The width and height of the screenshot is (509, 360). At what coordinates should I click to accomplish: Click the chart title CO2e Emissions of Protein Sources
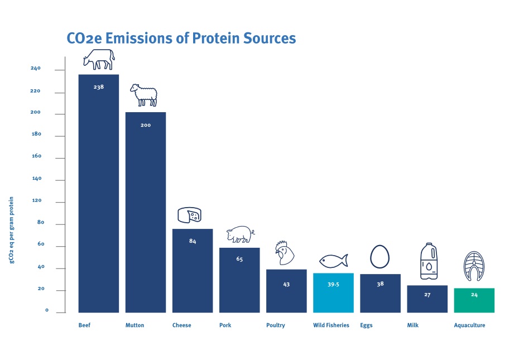coord(181,39)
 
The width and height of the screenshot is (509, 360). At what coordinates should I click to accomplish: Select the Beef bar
coord(98,195)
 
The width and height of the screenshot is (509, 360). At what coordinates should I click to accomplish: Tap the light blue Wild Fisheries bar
coord(333,293)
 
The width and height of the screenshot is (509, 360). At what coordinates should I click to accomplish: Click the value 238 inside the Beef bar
coord(99,87)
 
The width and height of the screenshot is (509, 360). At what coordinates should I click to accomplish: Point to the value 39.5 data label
coord(334,284)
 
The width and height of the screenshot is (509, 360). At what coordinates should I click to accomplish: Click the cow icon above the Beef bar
coord(99,59)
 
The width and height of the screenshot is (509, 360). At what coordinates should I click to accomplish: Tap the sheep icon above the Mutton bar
coord(144,95)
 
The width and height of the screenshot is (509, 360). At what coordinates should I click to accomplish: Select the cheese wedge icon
coord(190,215)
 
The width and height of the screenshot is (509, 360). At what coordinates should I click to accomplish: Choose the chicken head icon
coord(285,254)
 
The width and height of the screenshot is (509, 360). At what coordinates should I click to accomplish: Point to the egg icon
coord(380,257)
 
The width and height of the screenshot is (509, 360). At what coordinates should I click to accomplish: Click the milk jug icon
coord(428,261)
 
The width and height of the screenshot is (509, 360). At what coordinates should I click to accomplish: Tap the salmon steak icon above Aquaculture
coord(474,266)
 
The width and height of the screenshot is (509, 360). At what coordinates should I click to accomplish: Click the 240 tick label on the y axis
coord(36,69)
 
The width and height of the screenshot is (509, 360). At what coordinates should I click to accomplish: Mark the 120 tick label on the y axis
coord(36,201)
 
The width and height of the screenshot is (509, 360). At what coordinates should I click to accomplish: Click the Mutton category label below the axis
coord(135,325)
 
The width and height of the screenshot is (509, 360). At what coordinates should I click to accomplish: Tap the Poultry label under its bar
coord(276,325)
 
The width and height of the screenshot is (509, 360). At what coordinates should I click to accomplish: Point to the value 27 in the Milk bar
coord(427,294)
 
